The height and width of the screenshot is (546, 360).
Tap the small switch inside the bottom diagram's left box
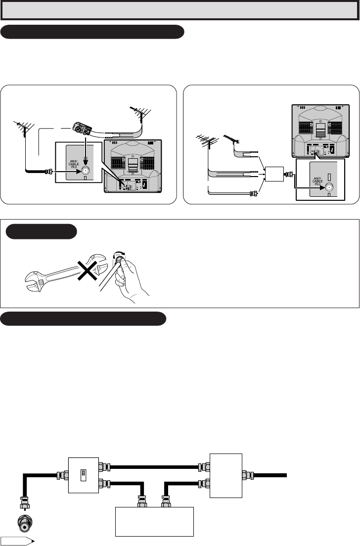pyautogui.click(x=83, y=473)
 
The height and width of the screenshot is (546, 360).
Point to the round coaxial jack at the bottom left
pyautogui.click(x=24, y=522)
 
